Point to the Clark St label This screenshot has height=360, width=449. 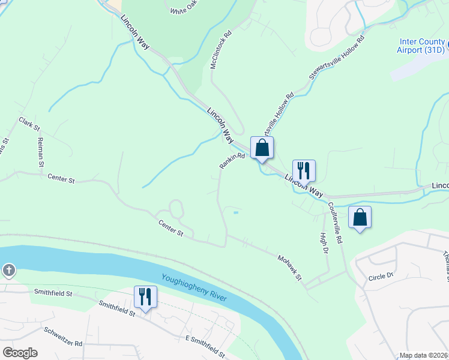29,124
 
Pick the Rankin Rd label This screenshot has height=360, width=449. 232,160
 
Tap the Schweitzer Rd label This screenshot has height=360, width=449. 62,337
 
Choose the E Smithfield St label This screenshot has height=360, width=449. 205,346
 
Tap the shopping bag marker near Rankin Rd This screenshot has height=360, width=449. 262,148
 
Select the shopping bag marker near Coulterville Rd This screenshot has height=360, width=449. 360,217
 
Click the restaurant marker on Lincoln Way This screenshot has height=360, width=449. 304,170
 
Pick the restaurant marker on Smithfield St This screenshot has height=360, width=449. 145,297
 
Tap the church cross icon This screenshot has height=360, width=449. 8,270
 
